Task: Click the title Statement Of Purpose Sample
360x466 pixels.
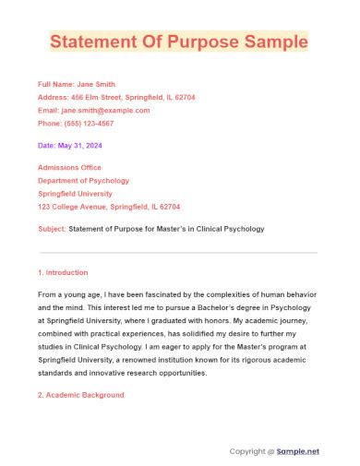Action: point(179,42)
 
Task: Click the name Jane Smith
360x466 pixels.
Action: point(96,84)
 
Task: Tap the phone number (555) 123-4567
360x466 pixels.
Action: point(90,123)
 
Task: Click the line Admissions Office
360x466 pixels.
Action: point(71,167)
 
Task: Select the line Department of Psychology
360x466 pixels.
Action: point(83,181)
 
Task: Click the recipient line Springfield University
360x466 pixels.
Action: point(78,194)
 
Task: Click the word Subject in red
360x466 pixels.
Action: point(52,228)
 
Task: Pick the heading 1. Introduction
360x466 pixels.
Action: point(63,272)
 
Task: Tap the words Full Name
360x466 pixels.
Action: point(54,84)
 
